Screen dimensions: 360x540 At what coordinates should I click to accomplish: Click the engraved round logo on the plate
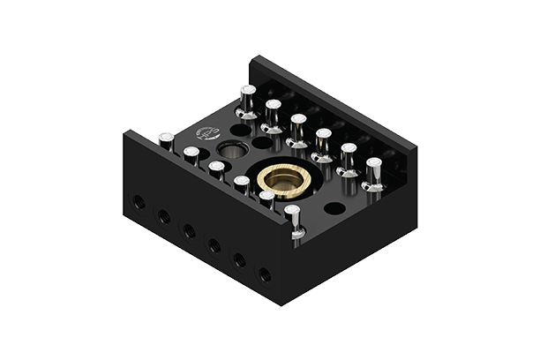(207, 134)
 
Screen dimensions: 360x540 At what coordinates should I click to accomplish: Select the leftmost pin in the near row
(166, 140)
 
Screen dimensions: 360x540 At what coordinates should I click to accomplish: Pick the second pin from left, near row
(191, 155)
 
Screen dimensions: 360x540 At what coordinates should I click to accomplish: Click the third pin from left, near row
(216, 169)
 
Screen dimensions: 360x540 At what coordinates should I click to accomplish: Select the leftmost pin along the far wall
(248, 100)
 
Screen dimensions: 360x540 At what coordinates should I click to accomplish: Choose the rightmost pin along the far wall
(374, 173)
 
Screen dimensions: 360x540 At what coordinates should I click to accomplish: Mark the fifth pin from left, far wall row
(349, 158)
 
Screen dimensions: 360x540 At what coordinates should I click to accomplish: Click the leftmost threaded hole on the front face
(139, 202)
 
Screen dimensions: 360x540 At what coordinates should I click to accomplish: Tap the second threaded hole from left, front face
(164, 216)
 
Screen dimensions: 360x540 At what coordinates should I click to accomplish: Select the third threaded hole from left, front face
(189, 231)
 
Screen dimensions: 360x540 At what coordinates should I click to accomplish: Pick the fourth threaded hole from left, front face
(214, 245)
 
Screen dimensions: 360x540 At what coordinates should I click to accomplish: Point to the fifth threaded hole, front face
(239, 260)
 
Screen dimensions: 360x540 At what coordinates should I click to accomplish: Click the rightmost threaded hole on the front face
(264, 274)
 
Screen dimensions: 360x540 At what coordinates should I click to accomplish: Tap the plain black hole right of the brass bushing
(334, 209)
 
